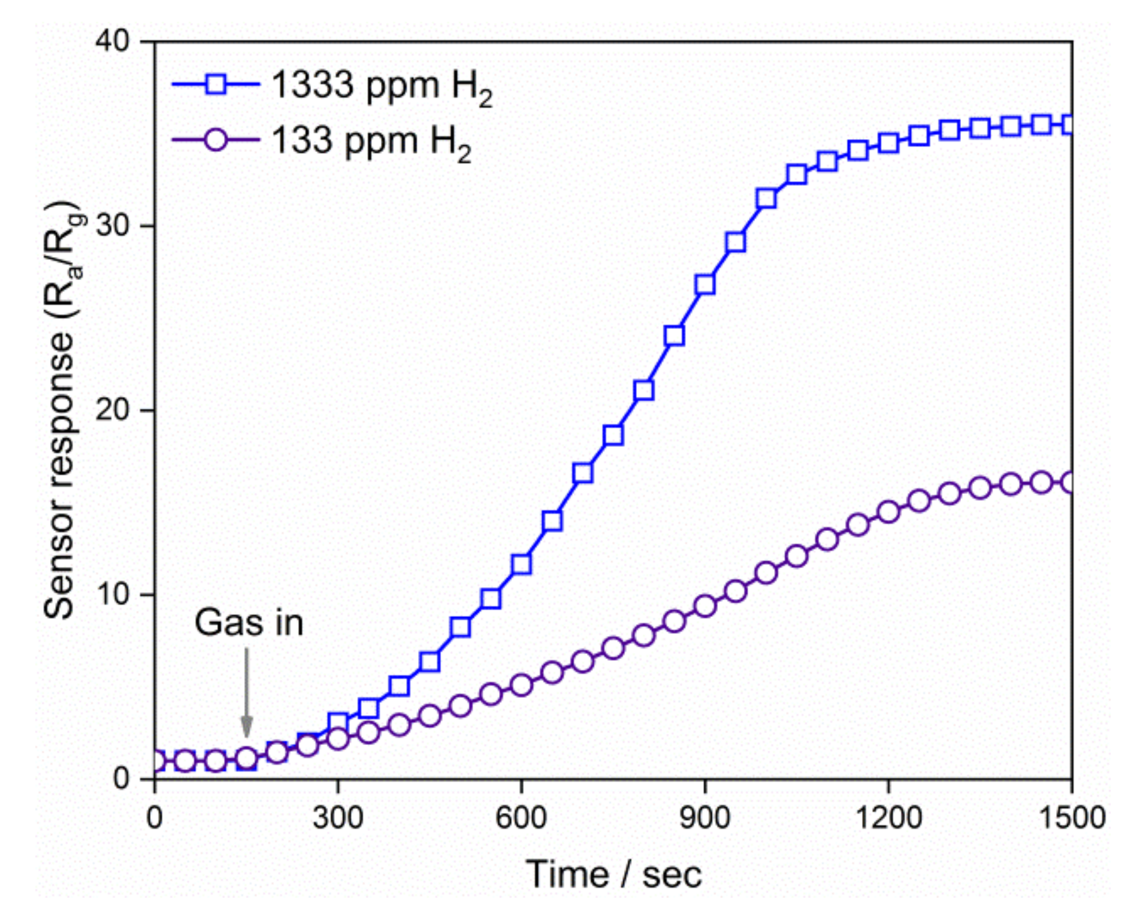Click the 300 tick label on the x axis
coord(338,818)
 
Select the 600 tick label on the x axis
coord(521,818)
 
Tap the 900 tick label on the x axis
coord(705,818)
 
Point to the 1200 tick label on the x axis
coord(888,818)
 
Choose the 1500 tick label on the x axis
coord(1071,818)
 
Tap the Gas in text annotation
coord(249,623)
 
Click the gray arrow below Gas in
coord(247,692)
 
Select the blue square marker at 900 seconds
coord(705,284)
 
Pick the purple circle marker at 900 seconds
coord(705,606)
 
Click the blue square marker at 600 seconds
coord(521,564)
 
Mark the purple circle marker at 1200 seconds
coord(889,512)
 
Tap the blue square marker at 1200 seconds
coord(889,143)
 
